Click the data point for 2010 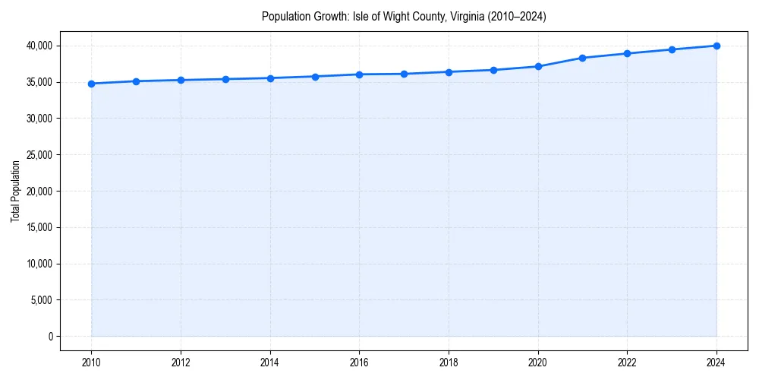(91, 84)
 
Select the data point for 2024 (716, 46)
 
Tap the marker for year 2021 (582, 58)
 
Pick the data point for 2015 (314, 77)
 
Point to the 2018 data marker (449, 72)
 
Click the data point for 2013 (225, 79)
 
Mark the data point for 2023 (672, 49)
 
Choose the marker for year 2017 (404, 74)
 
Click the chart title (404, 16)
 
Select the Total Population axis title (15, 191)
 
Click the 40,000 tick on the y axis (38, 46)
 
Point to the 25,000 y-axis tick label (38, 155)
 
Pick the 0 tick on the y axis (50, 337)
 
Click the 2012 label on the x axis (181, 362)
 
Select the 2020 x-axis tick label (538, 362)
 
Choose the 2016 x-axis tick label (359, 362)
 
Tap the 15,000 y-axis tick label (38, 227)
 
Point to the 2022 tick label (627, 362)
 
